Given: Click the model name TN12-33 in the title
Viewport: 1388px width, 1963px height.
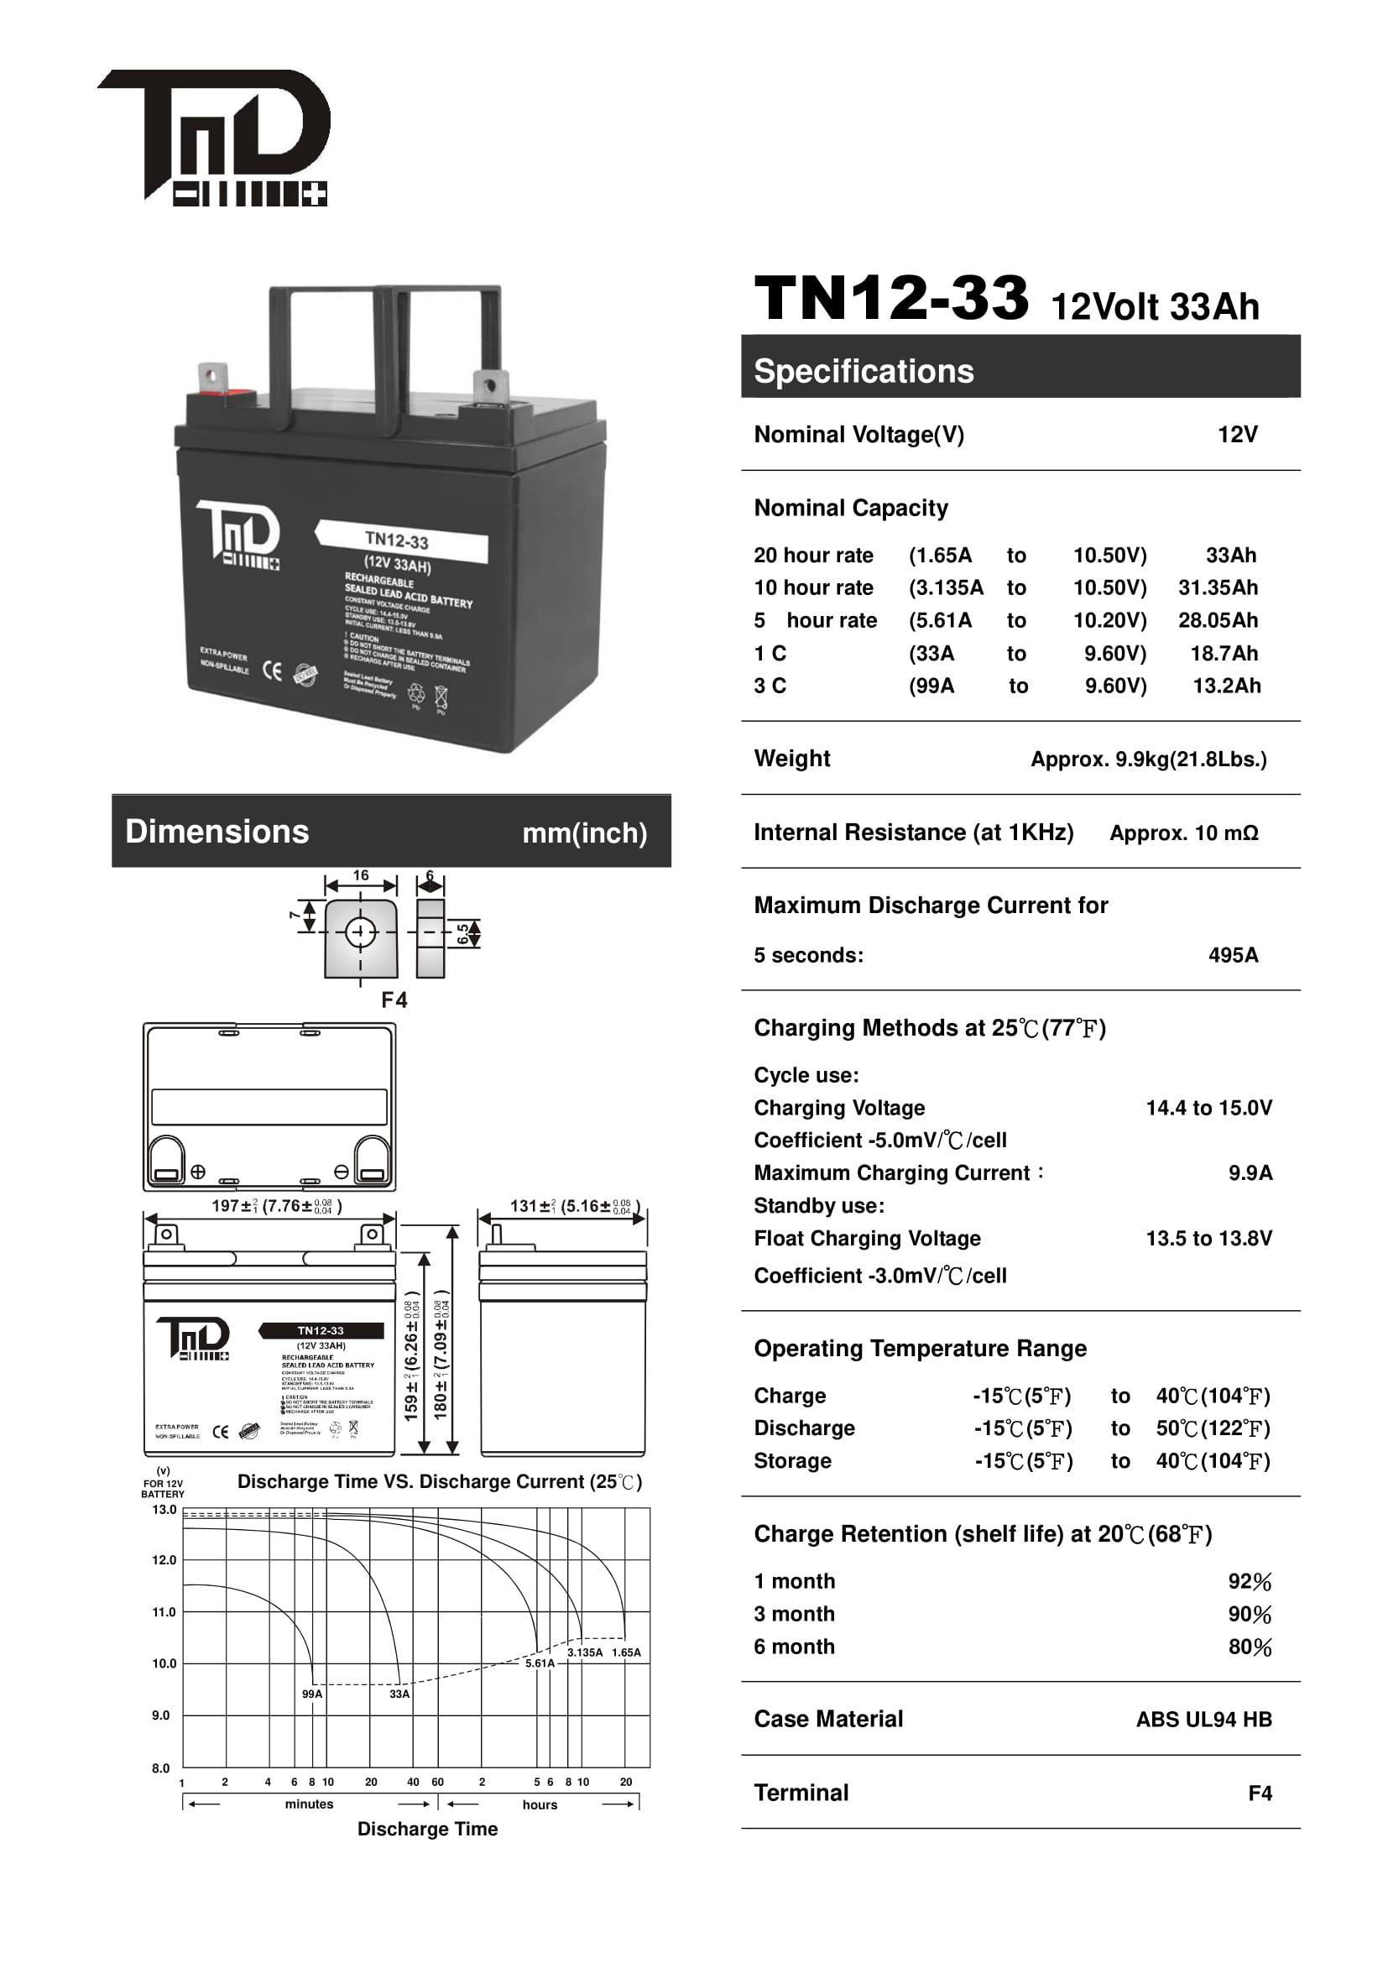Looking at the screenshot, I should [890, 299].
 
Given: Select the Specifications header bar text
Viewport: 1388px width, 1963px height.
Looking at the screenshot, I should [864, 372].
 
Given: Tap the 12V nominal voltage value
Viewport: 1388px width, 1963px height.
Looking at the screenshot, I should [1237, 435].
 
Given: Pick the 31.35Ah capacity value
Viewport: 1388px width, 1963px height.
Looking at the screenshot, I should [1217, 588].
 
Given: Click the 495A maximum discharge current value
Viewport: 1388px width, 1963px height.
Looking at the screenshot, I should [1233, 955].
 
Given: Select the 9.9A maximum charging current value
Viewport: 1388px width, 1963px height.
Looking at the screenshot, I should [1250, 1173].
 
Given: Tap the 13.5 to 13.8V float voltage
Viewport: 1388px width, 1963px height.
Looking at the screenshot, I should [1208, 1238].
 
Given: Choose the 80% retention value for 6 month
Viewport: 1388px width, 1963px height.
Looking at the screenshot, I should [1250, 1647].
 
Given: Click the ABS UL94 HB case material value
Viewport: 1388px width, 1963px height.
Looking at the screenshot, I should [1203, 1720].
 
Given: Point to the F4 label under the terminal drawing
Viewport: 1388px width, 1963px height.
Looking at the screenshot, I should [394, 1000].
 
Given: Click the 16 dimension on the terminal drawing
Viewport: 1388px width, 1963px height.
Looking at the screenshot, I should [361, 875].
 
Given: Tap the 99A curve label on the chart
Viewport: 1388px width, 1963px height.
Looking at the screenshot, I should [312, 1694].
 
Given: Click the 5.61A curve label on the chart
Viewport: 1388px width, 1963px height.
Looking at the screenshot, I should [540, 1663].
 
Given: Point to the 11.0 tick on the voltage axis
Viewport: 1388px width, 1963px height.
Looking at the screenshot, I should [164, 1612].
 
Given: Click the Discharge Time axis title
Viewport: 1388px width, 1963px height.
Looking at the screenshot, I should [427, 1829].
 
